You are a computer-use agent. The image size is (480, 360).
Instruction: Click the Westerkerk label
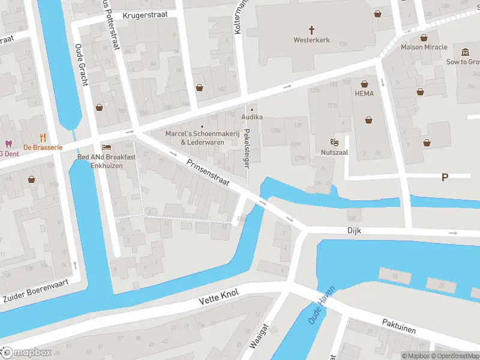tap(311, 40)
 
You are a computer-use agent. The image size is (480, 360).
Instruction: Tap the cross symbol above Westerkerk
tap(311, 29)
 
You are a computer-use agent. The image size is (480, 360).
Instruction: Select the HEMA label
tap(364, 94)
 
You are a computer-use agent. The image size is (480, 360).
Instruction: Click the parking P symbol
tap(445, 177)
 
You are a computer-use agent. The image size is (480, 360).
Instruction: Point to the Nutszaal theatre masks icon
tap(334, 142)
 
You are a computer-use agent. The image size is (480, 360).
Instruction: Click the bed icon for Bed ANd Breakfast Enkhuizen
tap(107, 147)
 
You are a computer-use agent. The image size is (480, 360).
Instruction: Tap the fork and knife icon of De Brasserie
tap(42, 137)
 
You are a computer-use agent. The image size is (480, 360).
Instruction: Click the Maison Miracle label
tap(424, 47)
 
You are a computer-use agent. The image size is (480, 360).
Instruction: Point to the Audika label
tap(252, 118)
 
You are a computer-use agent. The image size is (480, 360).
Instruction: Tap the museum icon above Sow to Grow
tap(466, 52)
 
